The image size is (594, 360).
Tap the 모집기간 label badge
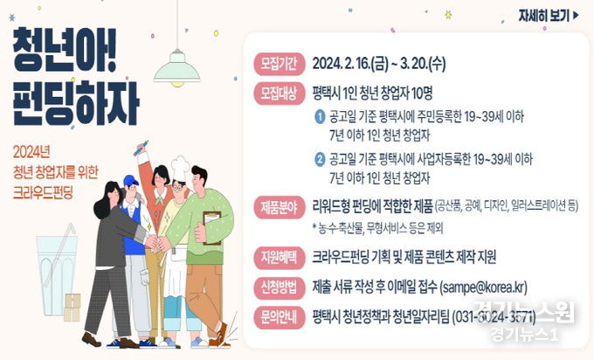pos(278,63)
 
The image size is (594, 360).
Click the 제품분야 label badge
pos(278,206)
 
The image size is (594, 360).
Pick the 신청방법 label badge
pos(278,287)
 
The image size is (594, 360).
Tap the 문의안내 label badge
pos(278,316)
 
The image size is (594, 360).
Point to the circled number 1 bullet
pos(321,117)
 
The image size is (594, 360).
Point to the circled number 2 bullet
pos(321,159)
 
